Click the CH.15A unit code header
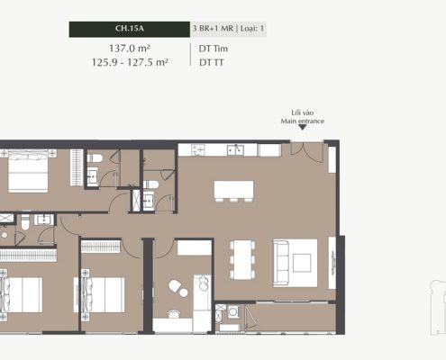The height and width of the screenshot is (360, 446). click(x=130, y=29)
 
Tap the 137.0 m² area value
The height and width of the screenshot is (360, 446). click(x=130, y=48)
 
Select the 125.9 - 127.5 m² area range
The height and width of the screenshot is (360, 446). click(x=130, y=62)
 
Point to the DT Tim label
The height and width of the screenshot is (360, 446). click(x=214, y=49)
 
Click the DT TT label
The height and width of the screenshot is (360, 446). click(x=212, y=62)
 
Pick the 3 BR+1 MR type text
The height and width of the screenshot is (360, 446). click(x=213, y=29)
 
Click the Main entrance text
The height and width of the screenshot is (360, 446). click(x=303, y=121)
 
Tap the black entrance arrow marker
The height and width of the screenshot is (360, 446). click(x=303, y=128)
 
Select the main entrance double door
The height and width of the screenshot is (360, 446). click(x=306, y=151)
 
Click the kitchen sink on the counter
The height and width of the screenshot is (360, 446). click(x=235, y=150)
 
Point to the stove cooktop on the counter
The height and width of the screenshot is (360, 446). click(x=198, y=150)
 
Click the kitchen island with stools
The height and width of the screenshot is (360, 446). click(x=233, y=191)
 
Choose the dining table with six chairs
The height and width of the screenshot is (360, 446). click(x=242, y=259)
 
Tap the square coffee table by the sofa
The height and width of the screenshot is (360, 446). click(x=302, y=263)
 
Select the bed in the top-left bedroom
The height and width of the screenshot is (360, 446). click(x=28, y=171)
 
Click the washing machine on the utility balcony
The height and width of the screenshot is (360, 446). click(x=233, y=311)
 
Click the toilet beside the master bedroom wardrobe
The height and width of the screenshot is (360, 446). click(x=95, y=157)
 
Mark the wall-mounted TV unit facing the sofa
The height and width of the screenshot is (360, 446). click(x=332, y=263)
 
